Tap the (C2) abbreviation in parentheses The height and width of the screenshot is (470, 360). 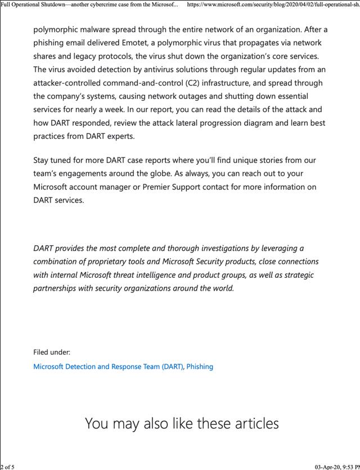click(195, 83)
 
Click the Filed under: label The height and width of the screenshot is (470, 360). click(52, 352)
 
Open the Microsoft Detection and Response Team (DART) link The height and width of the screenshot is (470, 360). click(108, 367)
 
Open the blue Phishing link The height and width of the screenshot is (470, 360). click(200, 367)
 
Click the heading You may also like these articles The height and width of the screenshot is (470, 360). click(182, 423)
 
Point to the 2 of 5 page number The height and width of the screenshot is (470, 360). click(8, 466)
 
